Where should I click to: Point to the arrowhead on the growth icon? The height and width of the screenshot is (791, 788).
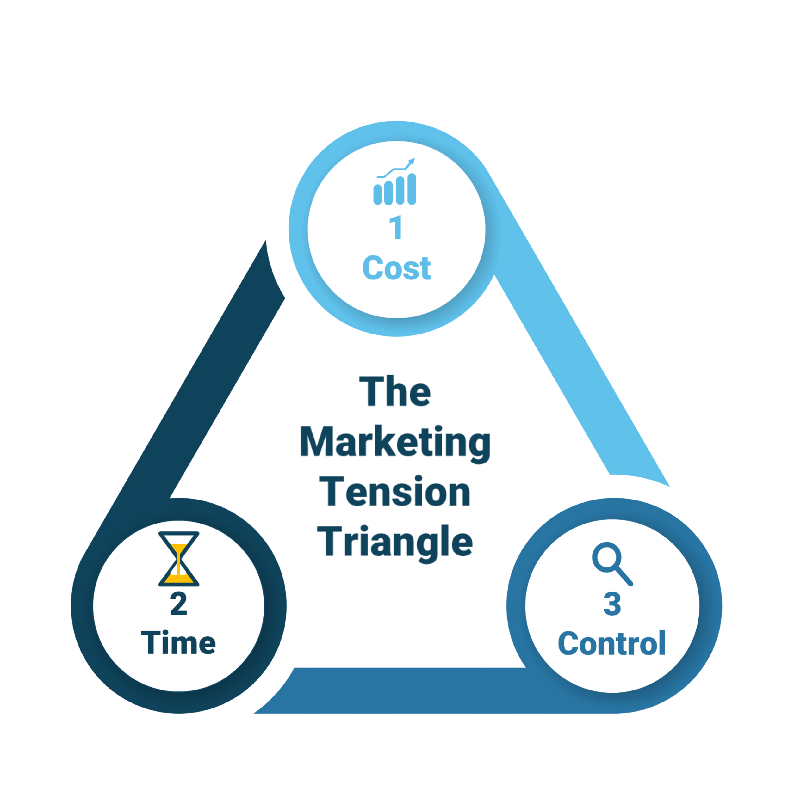coord(411,161)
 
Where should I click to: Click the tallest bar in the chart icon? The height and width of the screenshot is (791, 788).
coord(412,189)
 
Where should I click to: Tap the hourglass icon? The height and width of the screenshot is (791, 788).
coord(178,559)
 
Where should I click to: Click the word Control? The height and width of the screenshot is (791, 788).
coord(612,644)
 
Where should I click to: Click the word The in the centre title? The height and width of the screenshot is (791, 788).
coord(395,391)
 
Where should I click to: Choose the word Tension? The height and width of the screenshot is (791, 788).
coord(395,492)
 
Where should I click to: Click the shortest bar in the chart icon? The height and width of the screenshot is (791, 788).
coord(378,195)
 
